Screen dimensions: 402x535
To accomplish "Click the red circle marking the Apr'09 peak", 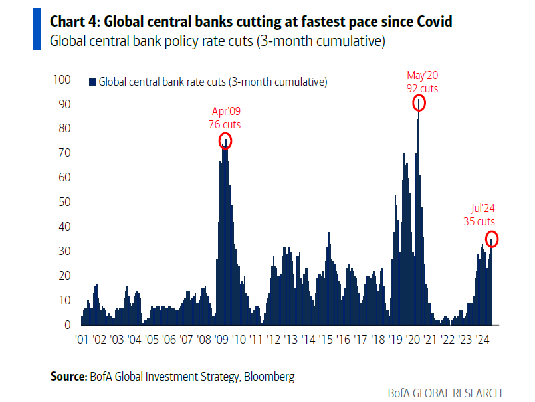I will point(225,141).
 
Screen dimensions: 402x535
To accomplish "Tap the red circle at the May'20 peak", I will point(419,102).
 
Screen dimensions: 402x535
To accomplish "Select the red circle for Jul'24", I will point(492,239).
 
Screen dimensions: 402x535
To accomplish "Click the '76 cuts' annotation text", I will point(225,124).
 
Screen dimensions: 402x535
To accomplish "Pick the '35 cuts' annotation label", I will point(479,222).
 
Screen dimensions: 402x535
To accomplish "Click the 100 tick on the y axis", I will point(62,80).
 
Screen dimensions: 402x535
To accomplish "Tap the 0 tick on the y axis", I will point(67,325).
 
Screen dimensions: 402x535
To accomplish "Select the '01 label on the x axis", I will point(82,340).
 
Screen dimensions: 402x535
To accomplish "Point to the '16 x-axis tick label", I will point(343,340).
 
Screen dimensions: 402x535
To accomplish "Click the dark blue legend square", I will point(92,82).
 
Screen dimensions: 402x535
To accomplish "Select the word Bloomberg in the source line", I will point(268,377).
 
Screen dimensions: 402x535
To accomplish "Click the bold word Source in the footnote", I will point(68,377).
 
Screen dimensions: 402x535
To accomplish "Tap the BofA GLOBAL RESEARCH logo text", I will point(445,393).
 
